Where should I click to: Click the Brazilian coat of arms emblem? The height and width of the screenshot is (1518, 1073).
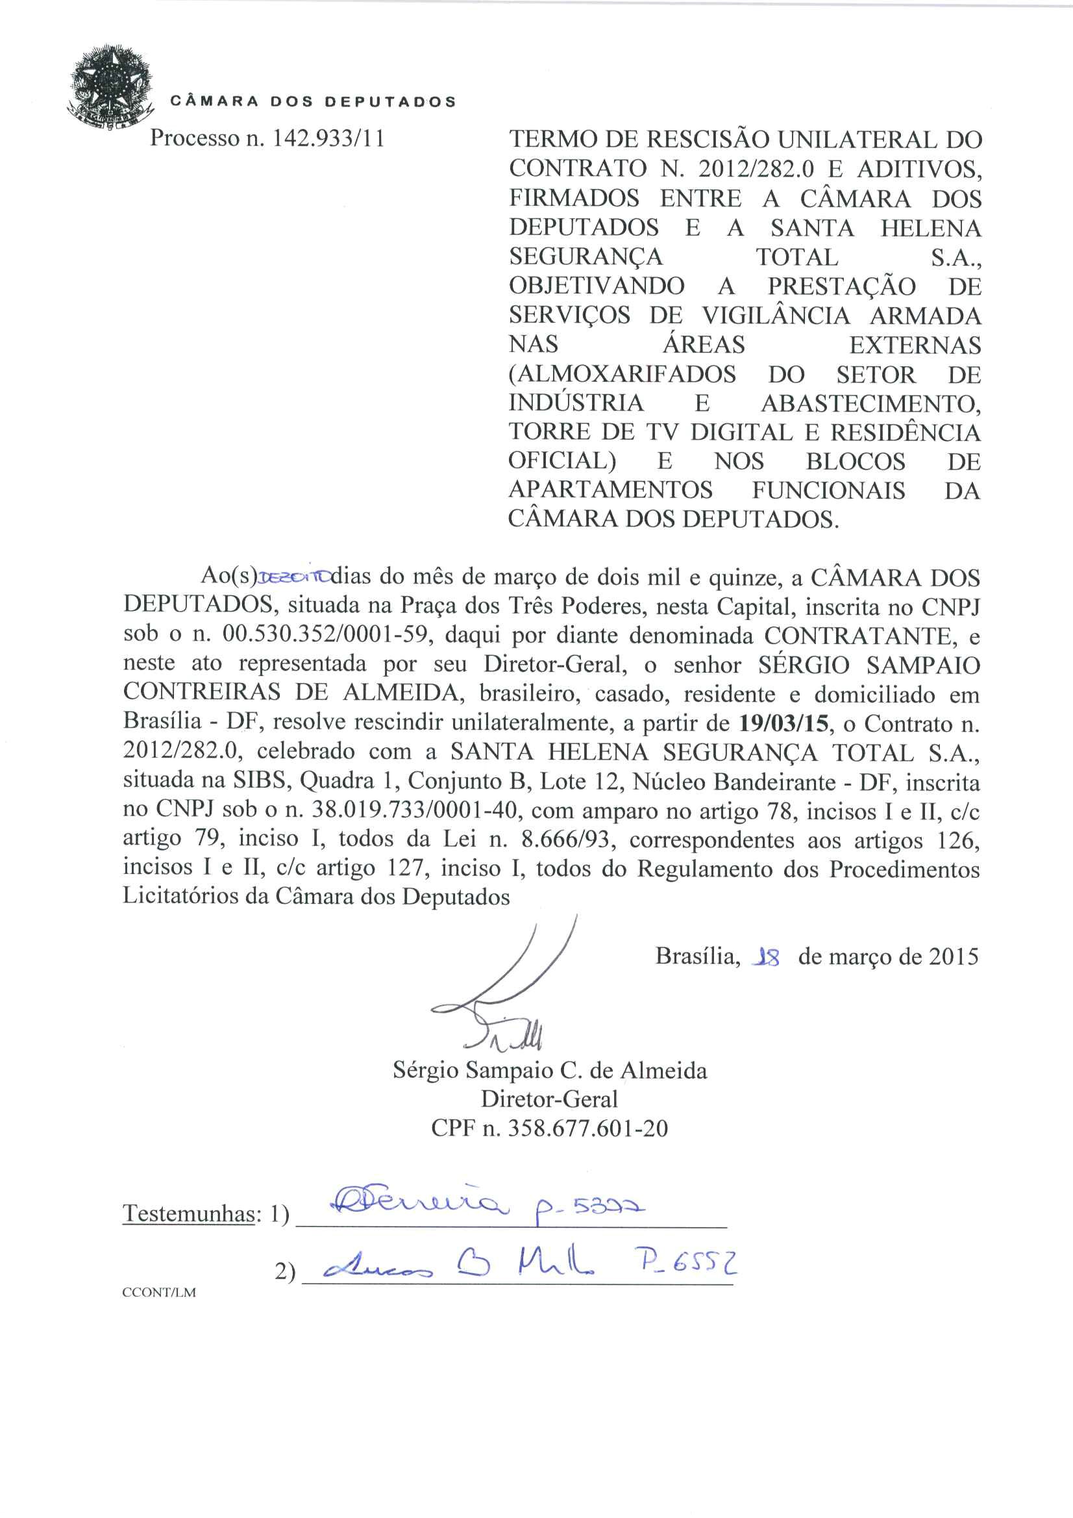(109, 87)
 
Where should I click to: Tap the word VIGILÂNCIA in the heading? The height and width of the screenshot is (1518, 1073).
(776, 316)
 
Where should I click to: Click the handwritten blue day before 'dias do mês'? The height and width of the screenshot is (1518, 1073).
(293, 577)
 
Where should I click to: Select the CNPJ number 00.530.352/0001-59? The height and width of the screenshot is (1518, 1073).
(327, 634)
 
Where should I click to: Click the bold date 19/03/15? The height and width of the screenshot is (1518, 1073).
(783, 723)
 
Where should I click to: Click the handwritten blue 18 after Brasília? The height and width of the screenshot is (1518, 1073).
(766, 956)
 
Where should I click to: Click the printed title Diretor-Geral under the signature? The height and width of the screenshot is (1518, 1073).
(549, 1099)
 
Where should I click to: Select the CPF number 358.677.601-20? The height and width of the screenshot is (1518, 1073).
(587, 1128)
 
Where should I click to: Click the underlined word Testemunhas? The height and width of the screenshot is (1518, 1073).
(189, 1213)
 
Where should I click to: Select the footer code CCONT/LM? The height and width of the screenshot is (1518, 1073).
(158, 1293)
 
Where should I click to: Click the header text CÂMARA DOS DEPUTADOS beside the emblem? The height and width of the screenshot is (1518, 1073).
(313, 102)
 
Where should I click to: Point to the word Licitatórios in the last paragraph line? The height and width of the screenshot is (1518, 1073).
(196, 896)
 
